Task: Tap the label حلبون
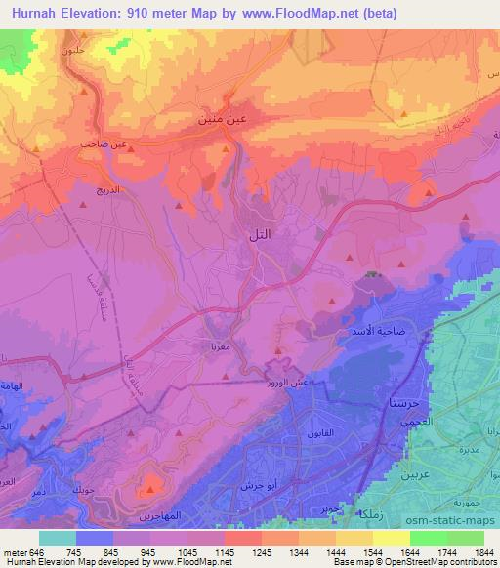coord(70,49)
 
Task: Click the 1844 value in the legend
coord(483,552)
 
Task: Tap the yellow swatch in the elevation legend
coord(392,538)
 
